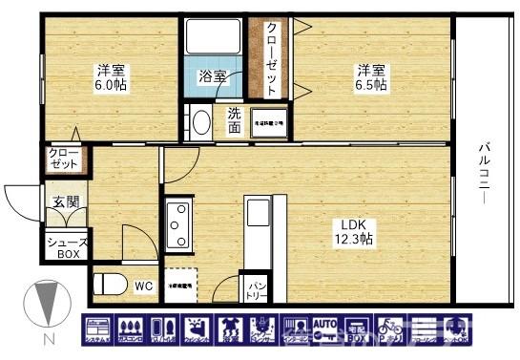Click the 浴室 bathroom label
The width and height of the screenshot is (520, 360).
pyautogui.click(x=212, y=75)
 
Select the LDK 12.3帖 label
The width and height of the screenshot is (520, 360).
pyautogui.click(x=352, y=231)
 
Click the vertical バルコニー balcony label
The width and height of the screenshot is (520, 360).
pyautogui.click(x=484, y=177)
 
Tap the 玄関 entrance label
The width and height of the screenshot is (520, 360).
pyautogui.click(x=65, y=202)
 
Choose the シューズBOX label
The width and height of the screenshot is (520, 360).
pyautogui.click(x=67, y=248)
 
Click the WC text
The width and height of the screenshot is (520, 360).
pyautogui.click(x=143, y=285)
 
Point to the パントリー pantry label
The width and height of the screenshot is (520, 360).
pyautogui.click(x=256, y=286)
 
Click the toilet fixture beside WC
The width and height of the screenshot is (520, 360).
pyautogui.click(x=111, y=284)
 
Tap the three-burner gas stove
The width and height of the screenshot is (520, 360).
pyautogui.click(x=178, y=226)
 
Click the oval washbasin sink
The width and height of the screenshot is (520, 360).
pyautogui.click(x=200, y=124)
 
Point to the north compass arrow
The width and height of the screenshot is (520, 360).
pyautogui.click(x=42, y=305)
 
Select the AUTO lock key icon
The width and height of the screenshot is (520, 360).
pyautogui.click(x=326, y=328)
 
